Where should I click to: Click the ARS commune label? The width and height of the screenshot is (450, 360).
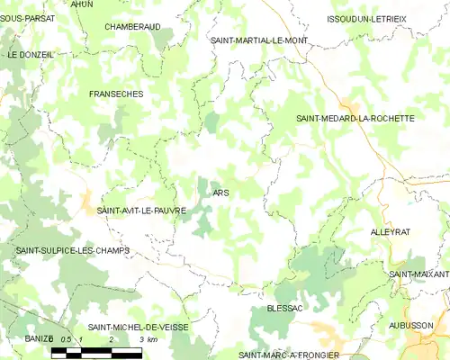(x=221, y=193)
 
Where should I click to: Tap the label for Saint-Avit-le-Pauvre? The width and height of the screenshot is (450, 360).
(x=141, y=211)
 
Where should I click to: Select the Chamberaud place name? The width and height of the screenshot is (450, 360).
(x=132, y=27)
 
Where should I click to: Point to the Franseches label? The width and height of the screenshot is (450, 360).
(x=116, y=94)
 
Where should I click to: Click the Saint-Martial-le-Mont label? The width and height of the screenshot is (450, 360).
(x=258, y=40)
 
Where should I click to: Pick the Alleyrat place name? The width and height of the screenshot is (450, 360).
(x=390, y=231)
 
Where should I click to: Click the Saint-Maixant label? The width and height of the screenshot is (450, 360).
(x=419, y=274)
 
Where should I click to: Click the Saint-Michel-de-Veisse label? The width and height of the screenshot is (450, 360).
(x=139, y=328)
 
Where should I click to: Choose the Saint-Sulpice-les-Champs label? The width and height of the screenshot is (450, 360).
(x=73, y=250)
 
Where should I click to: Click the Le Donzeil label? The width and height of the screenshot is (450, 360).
(x=31, y=55)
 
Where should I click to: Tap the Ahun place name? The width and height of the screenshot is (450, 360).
(x=81, y=4)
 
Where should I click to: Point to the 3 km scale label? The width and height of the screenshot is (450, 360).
(x=148, y=339)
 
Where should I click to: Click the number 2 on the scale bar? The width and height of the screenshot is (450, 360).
(x=111, y=339)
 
